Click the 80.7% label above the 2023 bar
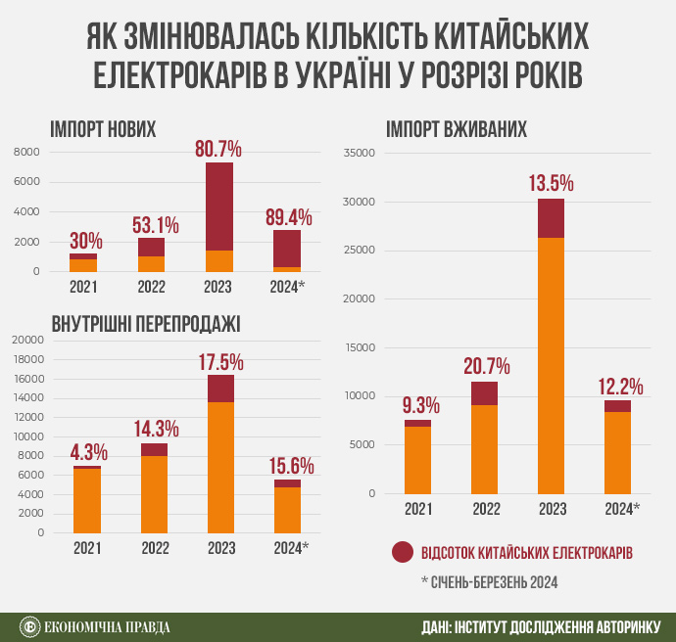click(x=218, y=150)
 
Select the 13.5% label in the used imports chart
click(x=551, y=184)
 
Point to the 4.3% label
click(x=88, y=453)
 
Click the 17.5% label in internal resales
click(x=220, y=362)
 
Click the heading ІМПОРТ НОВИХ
click(x=103, y=129)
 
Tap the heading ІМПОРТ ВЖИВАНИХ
click(x=458, y=129)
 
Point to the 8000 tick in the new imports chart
click(x=26, y=153)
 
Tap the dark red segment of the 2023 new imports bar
click(x=219, y=206)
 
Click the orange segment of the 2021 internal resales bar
click(x=87, y=501)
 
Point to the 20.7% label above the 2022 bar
click(x=485, y=367)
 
